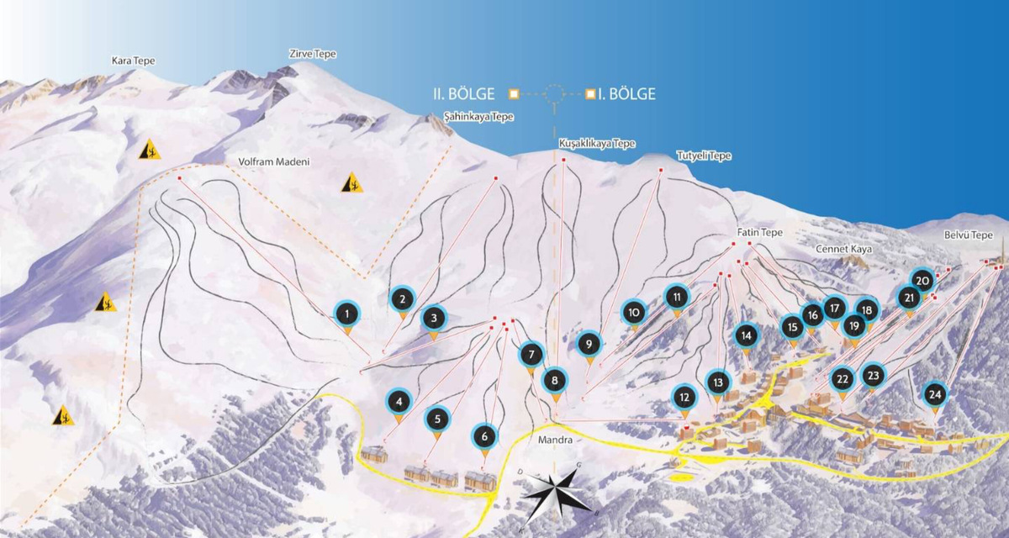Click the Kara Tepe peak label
click(134, 61)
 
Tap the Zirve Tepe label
click(312, 54)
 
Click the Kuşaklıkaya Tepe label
click(597, 144)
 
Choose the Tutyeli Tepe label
click(704, 156)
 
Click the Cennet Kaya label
click(843, 250)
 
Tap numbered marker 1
click(346, 315)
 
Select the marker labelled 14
click(746, 335)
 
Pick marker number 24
click(934, 393)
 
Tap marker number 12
click(685, 398)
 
